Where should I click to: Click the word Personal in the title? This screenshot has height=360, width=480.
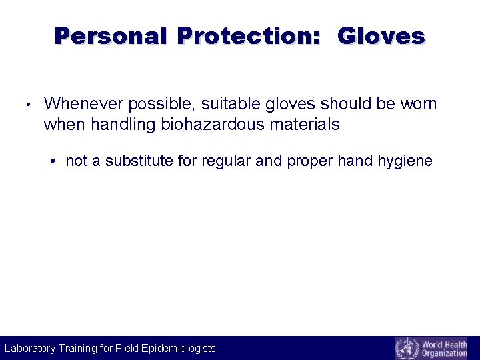click(x=110, y=36)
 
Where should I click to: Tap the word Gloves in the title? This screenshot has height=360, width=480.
click(x=381, y=36)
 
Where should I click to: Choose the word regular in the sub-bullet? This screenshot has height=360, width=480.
click(x=217, y=161)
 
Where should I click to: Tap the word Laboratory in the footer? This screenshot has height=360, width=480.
click(x=30, y=348)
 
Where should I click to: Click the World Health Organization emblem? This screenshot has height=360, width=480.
click(x=407, y=348)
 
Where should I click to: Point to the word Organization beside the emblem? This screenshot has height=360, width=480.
click(x=445, y=353)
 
